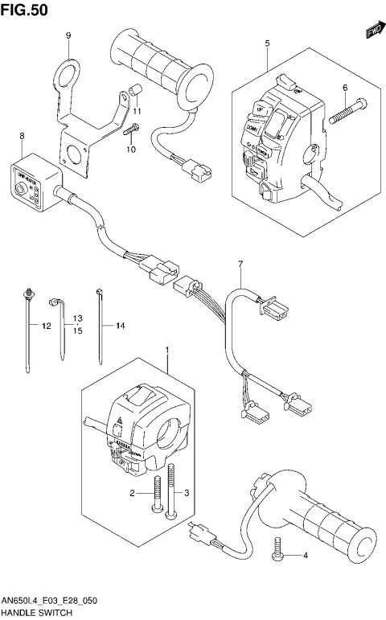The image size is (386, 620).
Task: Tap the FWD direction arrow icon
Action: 372,31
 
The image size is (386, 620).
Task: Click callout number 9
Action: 68,35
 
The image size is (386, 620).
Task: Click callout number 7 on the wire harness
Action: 239,265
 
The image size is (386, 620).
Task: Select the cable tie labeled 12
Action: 28,330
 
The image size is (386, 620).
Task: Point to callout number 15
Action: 78,331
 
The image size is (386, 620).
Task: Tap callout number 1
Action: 166,351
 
